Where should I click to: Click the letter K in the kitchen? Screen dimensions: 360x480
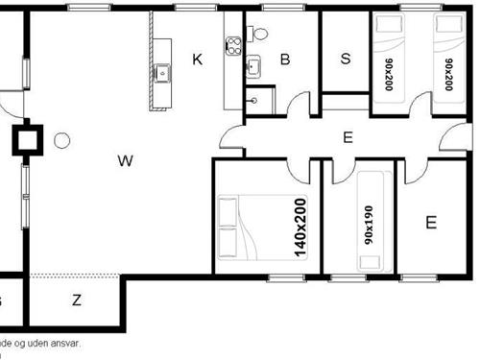(198, 60)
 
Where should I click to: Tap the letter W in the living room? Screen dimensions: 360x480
(125, 160)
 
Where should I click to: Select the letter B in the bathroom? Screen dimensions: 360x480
(285, 60)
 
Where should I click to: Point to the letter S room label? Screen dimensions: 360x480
(346, 58)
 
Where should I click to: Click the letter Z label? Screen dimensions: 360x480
(77, 300)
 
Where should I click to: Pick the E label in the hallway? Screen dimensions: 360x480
(348, 137)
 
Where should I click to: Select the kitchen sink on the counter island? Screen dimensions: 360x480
(162, 70)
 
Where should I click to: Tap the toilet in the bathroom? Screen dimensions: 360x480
(259, 34)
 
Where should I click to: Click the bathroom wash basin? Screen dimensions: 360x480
(254, 67)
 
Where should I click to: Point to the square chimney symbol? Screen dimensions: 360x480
(26, 141)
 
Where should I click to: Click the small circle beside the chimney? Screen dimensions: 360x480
(62, 141)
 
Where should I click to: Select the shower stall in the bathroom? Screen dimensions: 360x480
(256, 100)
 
